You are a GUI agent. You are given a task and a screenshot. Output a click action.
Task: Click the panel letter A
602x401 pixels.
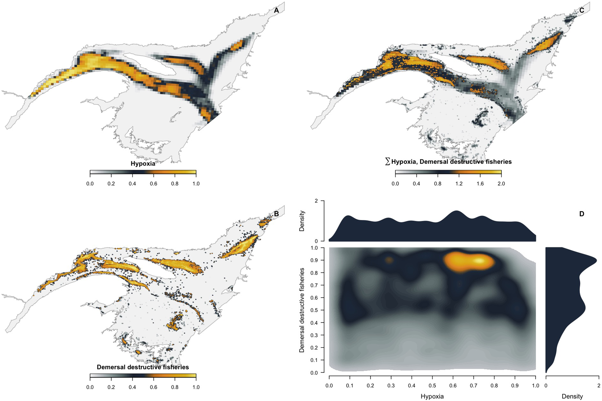[276, 10]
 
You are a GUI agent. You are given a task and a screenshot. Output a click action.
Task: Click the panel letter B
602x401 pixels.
[276, 214]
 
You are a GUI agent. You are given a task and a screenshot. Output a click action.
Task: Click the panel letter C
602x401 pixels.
[581, 10]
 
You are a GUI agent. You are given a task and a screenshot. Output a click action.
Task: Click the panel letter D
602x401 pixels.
[581, 214]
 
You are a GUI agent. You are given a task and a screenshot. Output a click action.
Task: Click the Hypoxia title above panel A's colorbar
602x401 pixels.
[143, 164]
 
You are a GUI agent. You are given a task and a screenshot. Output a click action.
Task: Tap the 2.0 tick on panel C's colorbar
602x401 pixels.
[501, 184]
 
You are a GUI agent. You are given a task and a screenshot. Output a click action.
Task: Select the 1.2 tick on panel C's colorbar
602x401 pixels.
[459, 184]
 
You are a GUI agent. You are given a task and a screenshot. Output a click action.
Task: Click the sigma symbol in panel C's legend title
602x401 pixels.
[387, 162]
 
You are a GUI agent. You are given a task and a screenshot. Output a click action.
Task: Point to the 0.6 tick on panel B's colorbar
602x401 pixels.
[153, 387]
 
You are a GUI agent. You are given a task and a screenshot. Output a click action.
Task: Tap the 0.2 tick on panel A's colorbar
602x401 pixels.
[111, 184]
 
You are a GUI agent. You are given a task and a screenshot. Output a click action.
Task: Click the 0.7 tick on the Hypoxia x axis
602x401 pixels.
[473, 386]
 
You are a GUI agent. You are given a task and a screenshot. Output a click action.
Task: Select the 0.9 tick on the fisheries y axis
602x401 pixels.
[314, 260]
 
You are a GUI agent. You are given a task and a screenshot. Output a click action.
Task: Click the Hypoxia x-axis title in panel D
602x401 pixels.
[432, 396]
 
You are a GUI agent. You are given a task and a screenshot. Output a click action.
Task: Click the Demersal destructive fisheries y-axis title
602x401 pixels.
[302, 310]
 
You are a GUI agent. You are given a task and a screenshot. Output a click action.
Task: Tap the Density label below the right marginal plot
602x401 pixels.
[572, 396]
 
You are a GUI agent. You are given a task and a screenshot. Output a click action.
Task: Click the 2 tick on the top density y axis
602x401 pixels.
[316, 201]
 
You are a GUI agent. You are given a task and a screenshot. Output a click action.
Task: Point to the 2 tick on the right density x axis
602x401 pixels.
[599, 386]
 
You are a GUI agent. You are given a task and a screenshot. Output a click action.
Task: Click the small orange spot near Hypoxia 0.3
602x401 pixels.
[390, 260]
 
